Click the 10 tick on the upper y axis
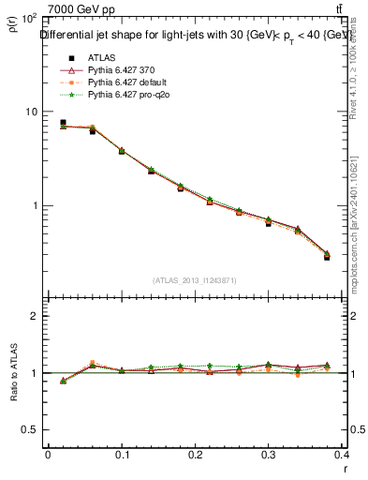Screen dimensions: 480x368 point(31,112)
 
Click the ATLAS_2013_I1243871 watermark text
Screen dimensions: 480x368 point(196,280)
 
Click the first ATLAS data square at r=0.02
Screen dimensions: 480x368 point(63,123)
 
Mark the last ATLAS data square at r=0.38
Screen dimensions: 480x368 point(327,256)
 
